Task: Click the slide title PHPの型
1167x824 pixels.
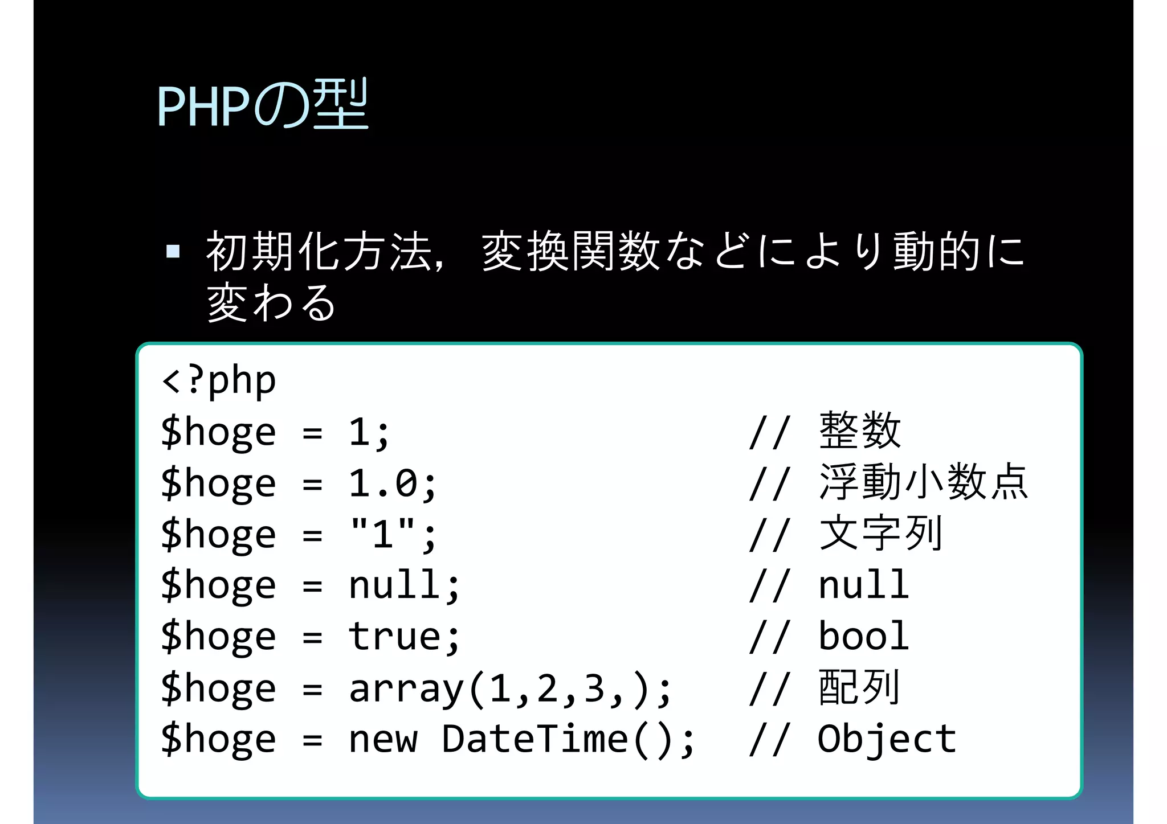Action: tap(263, 105)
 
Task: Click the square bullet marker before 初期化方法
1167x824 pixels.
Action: tap(173, 251)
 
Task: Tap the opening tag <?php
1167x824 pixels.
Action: tap(219, 380)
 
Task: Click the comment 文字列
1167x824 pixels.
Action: tap(881, 534)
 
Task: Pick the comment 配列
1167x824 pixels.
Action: tap(859, 687)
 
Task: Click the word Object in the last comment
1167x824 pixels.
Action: tap(887, 739)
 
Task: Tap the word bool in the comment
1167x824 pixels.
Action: tap(863, 636)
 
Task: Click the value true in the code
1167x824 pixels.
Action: tap(395, 636)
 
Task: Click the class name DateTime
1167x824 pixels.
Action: tap(535, 739)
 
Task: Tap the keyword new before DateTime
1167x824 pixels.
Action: tap(383, 739)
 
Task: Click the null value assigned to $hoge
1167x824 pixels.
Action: tap(395, 585)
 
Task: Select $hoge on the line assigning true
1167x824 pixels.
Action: tap(219, 636)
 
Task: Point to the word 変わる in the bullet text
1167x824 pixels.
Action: tap(271, 302)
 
